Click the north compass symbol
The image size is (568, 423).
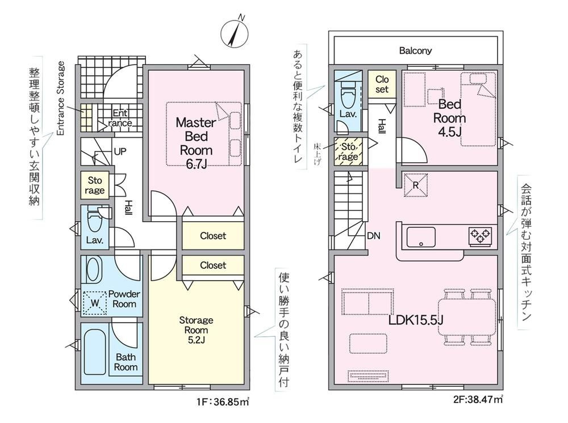pos(234,32)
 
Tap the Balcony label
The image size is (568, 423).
pos(415,50)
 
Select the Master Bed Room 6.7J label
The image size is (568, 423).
pos(196,143)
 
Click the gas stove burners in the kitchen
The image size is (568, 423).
pos(481,236)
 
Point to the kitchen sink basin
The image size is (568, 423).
pos(421,237)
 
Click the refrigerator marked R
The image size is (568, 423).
pos(416,185)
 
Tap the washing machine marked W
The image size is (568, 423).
pos(94,303)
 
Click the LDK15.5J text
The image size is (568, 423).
pos(416,320)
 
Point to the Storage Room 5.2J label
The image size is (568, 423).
pos(196,329)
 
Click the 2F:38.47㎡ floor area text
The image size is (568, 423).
pos(478,400)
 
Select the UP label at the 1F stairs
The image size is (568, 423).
pos(120,152)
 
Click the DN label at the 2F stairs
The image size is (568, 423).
pos(374,236)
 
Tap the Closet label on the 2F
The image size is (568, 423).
pos(382,84)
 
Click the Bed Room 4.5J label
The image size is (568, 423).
pos(449,118)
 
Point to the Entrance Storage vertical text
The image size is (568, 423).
pos(61,99)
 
